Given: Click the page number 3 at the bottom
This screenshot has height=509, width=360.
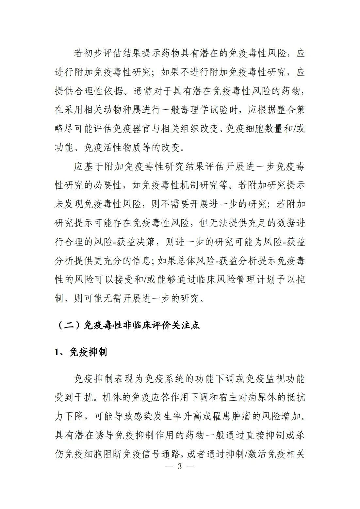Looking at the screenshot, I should (x=180, y=466).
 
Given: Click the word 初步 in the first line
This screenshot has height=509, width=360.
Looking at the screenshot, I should (x=98, y=53).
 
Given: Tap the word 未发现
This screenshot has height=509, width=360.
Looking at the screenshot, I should (x=70, y=204).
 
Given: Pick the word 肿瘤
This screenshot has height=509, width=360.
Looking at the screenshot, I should (x=242, y=417).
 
